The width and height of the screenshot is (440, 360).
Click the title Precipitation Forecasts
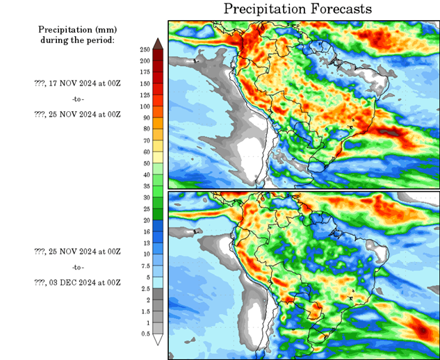tap(298, 9)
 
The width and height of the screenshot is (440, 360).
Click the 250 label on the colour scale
tap(145, 49)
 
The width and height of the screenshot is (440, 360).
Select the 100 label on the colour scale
tap(145, 106)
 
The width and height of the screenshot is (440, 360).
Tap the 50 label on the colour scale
tap(145, 163)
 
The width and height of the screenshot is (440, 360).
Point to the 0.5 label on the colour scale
tap(145, 334)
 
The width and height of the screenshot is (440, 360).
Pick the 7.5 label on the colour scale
tap(145, 266)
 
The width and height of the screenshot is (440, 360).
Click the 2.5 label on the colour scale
tap(145, 288)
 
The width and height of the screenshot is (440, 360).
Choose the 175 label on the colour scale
tap(145, 72)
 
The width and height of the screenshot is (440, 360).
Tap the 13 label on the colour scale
tap(145, 243)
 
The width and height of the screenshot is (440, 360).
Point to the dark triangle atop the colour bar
tap(158, 44)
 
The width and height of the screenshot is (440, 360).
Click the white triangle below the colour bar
tap(158, 340)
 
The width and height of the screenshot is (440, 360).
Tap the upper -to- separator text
tap(77, 99)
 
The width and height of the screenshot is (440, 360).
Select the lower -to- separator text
tap(77, 267)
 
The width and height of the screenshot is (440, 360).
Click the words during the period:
tap(77, 40)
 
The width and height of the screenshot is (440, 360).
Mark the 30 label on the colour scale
tap(145, 197)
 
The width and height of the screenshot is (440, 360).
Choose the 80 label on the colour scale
tap(145, 129)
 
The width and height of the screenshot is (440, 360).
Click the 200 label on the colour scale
tap(145, 60)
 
